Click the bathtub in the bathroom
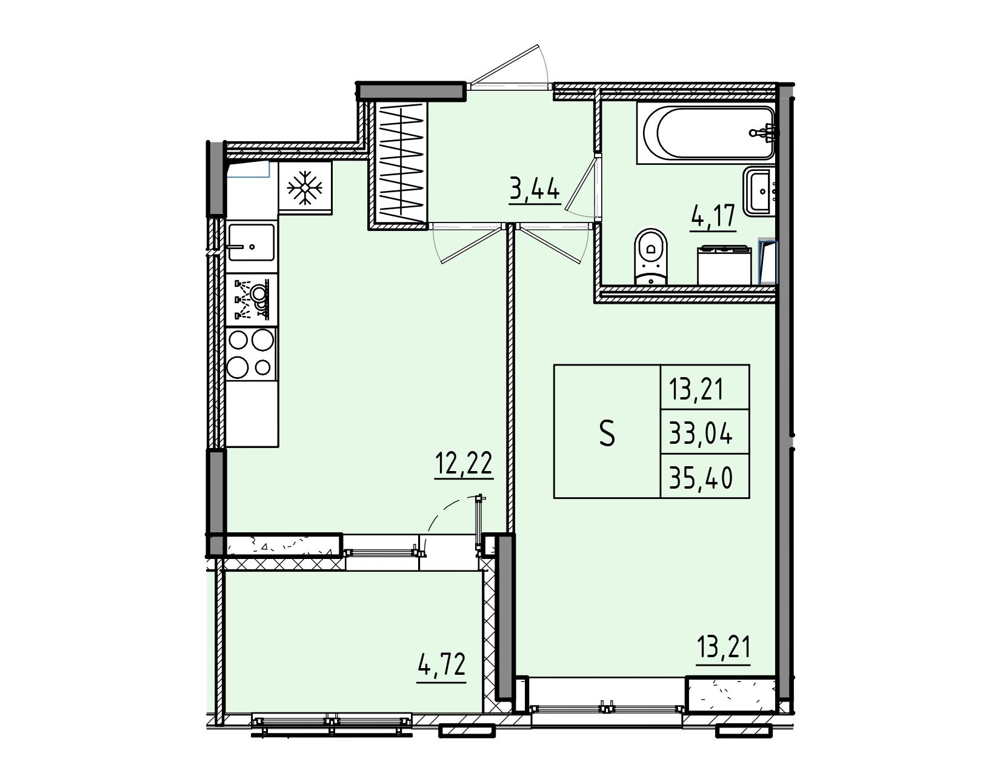(707, 133)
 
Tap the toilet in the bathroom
(650, 256)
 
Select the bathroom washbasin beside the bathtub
(759, 191)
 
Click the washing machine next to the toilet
(724, 266)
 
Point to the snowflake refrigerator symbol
(305, 188)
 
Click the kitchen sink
(252, 243)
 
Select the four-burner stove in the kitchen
(252, 354)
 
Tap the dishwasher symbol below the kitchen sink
(252, 299)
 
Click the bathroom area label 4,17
(713, 217)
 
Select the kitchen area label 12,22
(464, 464)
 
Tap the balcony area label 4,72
(441, 665)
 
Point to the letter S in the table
(607, 433)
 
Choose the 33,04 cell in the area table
(701, 433)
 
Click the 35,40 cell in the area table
(701, 477)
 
